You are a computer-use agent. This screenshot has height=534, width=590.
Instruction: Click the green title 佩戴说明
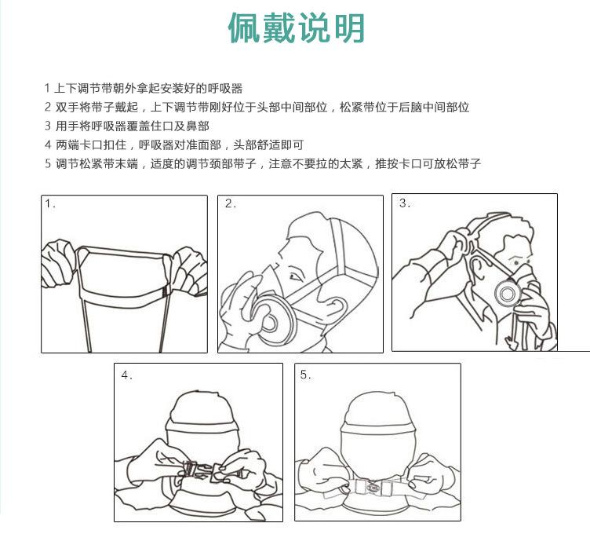297,27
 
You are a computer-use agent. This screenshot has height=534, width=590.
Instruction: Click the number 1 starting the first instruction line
47,88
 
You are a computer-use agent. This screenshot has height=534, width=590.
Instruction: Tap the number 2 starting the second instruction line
47,107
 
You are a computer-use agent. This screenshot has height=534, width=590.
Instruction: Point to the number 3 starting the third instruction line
47,126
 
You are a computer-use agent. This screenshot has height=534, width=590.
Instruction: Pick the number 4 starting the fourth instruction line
47,144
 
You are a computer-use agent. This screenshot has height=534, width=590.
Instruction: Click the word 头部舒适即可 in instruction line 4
268,144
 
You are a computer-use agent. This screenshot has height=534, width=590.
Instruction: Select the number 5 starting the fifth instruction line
47,163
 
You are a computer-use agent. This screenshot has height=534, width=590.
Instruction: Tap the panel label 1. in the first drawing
50,203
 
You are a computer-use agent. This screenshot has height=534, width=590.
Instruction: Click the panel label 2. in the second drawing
231,203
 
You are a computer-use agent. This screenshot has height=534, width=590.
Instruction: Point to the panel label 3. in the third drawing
405,203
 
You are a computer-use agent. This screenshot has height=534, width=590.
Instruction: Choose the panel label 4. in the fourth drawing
127,375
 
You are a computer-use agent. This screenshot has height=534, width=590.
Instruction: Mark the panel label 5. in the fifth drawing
305,375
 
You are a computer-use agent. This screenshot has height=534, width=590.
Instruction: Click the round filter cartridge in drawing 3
508,293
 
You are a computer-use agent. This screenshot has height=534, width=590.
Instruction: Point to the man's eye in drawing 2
294,276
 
